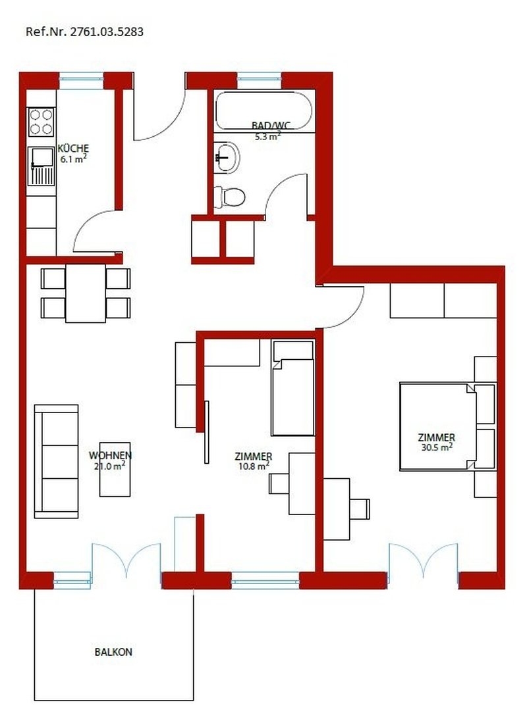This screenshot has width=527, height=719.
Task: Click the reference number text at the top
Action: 84,31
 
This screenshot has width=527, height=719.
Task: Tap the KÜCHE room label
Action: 73,148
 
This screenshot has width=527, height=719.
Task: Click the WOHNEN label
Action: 110,455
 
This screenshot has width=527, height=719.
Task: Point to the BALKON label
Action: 113,653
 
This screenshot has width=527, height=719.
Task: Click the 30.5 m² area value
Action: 436,447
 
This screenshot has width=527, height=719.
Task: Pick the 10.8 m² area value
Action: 253,466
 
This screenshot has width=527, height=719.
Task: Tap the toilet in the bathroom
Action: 230,195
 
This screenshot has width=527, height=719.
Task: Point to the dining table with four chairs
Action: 86,293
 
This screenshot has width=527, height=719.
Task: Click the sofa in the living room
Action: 56,461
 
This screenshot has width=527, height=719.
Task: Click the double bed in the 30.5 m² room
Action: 437,427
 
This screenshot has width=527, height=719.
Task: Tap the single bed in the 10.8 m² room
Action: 293,388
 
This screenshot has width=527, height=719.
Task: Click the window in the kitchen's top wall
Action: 82,80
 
